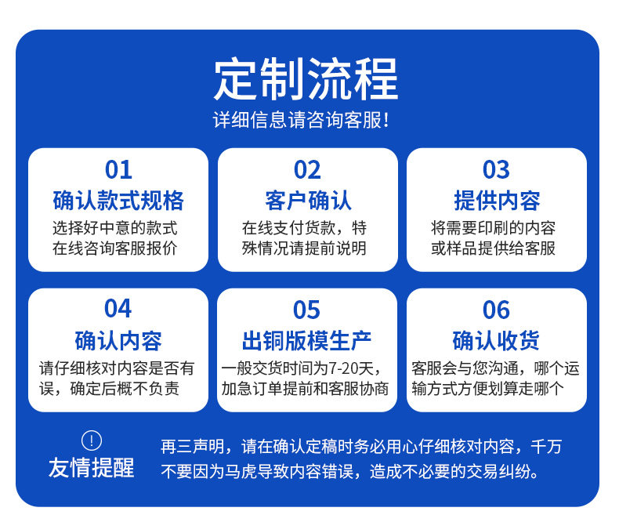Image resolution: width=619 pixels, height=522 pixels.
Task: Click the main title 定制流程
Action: point(306,78)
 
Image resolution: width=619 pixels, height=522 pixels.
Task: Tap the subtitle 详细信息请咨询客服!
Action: point(301,120)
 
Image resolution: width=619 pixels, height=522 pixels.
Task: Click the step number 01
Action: point(118,170)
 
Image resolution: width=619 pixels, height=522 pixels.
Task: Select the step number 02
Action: point(307,170)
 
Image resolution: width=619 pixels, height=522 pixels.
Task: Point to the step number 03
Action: point(496,170)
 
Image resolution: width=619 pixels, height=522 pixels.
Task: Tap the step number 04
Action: point(118,308)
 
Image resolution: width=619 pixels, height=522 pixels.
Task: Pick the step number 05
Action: point(306,310)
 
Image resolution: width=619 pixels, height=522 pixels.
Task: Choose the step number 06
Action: point(496,310)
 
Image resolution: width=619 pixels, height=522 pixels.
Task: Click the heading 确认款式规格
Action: point(118,201)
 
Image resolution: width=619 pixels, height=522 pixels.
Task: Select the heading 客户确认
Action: point(308,201)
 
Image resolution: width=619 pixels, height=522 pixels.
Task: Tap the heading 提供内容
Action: point(497,201)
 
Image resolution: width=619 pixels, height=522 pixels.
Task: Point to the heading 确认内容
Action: point(118,341)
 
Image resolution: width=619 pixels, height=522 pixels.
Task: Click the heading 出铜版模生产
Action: point(306,341)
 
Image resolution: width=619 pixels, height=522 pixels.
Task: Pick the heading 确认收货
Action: point(496,341)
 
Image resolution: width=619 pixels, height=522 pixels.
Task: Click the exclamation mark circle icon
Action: point(92,440)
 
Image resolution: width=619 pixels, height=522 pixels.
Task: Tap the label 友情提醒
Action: point(91,468)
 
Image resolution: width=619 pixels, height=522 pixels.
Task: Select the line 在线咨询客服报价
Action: point(114,248)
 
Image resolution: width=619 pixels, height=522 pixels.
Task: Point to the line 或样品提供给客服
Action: point(493,248)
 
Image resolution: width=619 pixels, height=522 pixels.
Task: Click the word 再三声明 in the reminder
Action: point(192,447)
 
